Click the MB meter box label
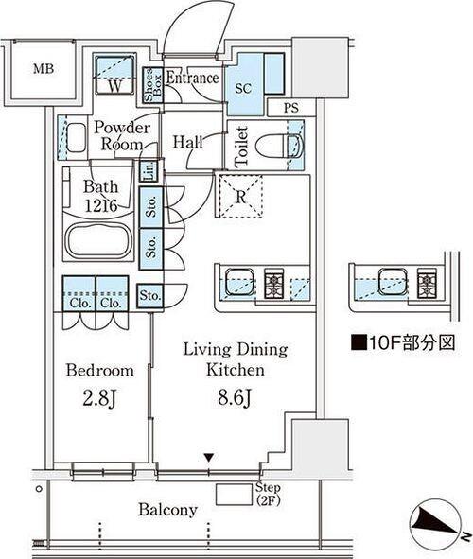click(44, 68)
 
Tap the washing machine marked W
click(114, 74)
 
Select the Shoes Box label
click(152, 85)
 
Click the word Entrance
click(192, 78)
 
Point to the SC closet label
click(243, 88)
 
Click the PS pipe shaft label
click(290, 108)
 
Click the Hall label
click(188, 142)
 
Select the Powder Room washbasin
click(77, 137)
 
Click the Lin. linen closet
click(149, 170)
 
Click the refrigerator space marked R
click(240, 196)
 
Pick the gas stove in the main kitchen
click(273, 284)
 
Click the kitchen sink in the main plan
click(240, 282)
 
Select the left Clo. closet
click(79, 294)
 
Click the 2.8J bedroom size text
click(100, 398)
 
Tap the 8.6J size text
click(236, 397)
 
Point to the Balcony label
click(167, 510)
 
